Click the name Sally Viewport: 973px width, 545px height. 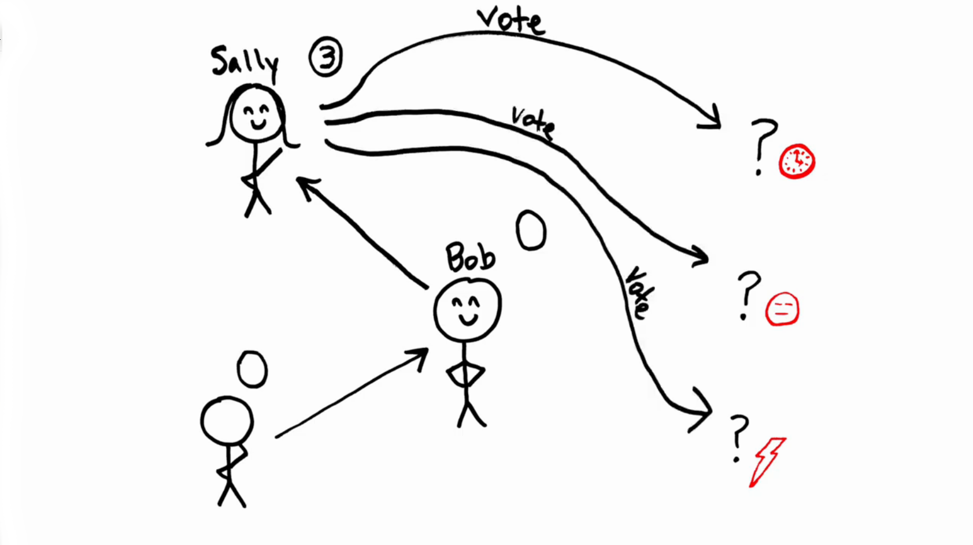(x=244, y=62)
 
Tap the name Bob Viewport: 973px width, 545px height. (x=470, y=258)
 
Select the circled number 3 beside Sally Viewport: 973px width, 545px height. (x=326, y=57)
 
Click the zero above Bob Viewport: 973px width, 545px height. (x=531, y=231)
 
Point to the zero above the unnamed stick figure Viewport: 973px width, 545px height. (x=252, y=369)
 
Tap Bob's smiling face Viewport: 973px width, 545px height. (x=467, y=309)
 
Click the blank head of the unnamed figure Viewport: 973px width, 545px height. (x=227, y=421)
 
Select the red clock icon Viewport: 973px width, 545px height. (x=797, y=161)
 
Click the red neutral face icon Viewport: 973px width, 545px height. (x=782, y=309)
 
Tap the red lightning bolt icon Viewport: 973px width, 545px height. (x=767, y=462)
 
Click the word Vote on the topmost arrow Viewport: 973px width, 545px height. (x=511, y=20)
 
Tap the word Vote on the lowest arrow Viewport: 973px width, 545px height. (x=639, y=292)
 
